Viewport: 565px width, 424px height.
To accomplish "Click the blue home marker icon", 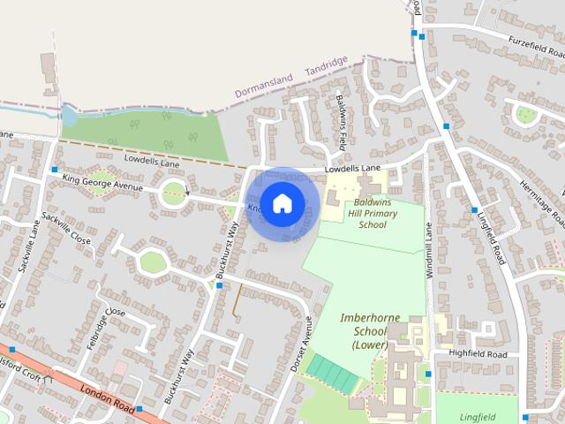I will click(282, 204).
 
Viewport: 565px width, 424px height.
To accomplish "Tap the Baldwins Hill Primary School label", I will click(372, 213).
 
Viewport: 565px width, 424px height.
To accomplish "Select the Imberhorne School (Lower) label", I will click(365, 330).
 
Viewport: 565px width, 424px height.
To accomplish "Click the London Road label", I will click(105, 396).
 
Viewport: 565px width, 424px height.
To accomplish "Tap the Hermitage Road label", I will click(541, 199).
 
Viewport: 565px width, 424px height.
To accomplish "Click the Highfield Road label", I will click(478, 354).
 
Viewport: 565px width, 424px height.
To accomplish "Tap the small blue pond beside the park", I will click(68, 116).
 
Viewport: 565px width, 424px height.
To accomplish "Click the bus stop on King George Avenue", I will click(55, 169).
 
